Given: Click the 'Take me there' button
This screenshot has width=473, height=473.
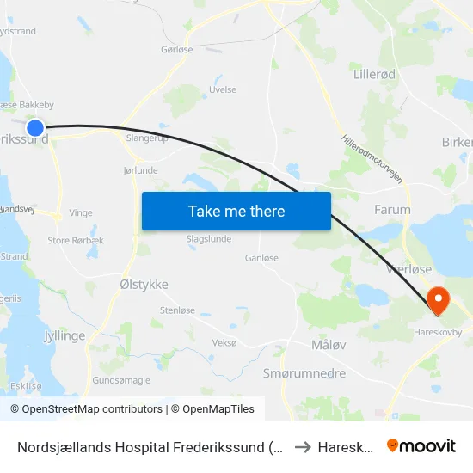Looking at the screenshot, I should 236,211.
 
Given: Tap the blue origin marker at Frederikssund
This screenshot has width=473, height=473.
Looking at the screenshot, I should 35,128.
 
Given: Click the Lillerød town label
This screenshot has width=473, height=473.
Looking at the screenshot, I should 375,75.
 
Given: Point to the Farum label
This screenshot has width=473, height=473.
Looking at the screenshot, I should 392,209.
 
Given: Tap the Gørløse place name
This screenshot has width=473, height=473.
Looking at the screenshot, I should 176,50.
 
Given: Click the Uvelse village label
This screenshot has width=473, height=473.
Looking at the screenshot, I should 223,89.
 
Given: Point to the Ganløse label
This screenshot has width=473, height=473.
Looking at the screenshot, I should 261,257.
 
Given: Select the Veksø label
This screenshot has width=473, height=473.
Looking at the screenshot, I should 224,342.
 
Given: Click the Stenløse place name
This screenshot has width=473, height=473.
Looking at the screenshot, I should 177,310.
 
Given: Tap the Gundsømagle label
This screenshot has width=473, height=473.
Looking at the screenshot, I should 121,379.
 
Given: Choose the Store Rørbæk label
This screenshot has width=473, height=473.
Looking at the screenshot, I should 76,241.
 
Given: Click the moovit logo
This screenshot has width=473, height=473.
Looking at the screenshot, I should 421,445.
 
